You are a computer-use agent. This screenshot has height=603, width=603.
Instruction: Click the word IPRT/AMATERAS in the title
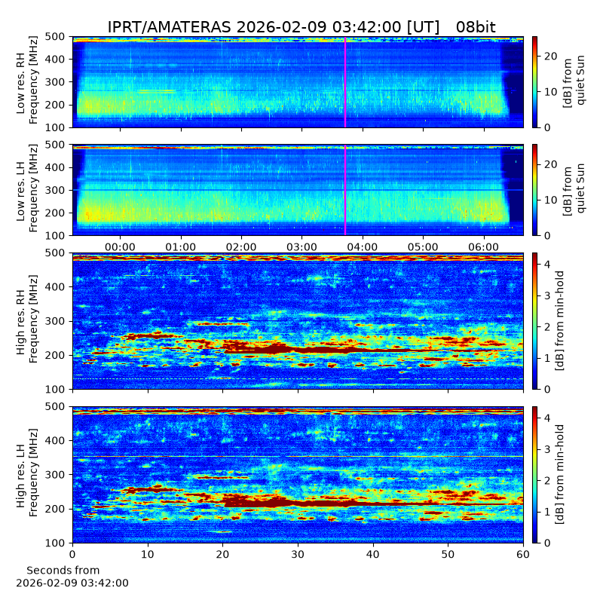[169, 27]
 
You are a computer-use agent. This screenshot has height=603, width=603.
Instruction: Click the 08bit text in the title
[476, 27]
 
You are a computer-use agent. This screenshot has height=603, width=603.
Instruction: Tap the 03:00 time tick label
[302, 247]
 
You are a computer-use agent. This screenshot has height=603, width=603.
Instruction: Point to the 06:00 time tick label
[484, 247]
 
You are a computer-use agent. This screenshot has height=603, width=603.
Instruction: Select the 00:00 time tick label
[120, 247]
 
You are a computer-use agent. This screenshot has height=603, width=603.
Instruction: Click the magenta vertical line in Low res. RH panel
[345, 82]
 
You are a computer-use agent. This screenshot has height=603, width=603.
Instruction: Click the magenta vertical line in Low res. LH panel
[345, 191]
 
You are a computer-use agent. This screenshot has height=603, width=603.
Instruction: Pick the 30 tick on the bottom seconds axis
[298, 554]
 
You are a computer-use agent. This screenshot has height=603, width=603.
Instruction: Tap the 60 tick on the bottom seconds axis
[523, 554]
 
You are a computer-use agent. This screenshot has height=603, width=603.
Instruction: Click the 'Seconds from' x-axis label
[63, 571]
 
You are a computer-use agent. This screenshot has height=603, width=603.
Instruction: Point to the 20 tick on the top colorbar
[549, 56]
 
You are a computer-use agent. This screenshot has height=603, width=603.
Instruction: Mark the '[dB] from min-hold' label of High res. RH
[559, 321]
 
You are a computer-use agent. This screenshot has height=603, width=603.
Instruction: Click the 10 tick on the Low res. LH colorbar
[549, 200]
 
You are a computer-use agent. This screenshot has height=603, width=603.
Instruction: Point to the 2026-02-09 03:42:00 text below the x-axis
[72, 583]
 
